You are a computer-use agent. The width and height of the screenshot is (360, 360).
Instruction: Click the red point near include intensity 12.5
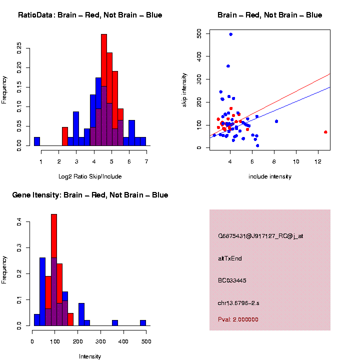pyautogui.click(x=325, y=132)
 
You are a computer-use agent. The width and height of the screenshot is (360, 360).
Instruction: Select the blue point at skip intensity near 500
pyautogui.click(x=230, y=34)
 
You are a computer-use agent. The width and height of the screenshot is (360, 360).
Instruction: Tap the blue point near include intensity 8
pyautogui.click(x=276, y=121)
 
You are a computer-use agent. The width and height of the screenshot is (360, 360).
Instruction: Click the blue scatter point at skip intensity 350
pyautogui.click(x=228, y=66)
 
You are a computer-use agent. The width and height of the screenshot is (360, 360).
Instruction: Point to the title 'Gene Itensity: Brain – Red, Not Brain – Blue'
pyautogui.click(x=90, y=195)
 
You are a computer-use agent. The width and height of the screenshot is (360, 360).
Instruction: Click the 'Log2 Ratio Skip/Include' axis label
pyautogui.click(x=90, y=176)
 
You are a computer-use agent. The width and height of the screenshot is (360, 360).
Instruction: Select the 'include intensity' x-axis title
pyautogui.click(x=270, y=176)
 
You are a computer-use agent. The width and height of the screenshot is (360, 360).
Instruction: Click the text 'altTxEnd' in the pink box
pyautogui.click(x=230, y=258)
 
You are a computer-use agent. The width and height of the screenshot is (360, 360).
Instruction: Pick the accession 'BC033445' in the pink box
pyautogui.click(x=232, y=280)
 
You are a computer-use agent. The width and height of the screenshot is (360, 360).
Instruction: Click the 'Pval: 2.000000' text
pyautogui.click(x=238, y=319)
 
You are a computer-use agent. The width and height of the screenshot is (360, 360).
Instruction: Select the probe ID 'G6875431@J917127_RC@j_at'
pyautogui.click(x=260, y=236)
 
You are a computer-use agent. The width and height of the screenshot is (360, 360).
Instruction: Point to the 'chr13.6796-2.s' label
pyautogui.click(x=238, y=303)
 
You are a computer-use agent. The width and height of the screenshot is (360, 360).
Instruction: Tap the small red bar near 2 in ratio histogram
pyautogui.click(x=65, y=136)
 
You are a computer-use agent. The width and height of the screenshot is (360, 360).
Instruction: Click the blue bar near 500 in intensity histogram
pyautogui.click(x=143, y=323)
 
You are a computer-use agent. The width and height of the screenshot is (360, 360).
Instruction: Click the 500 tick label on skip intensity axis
pyautogui.click(x=199, y=33)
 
